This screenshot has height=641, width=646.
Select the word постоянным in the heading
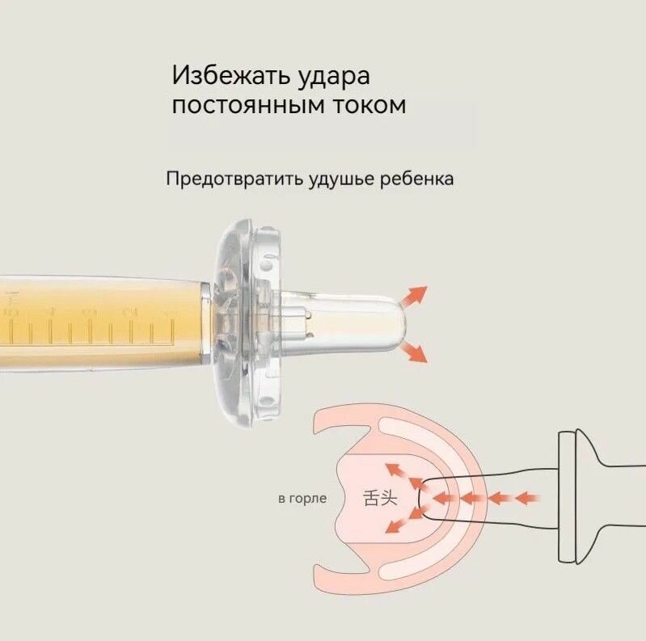(x=260, y=105)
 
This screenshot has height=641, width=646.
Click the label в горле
(x=302, y=498)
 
